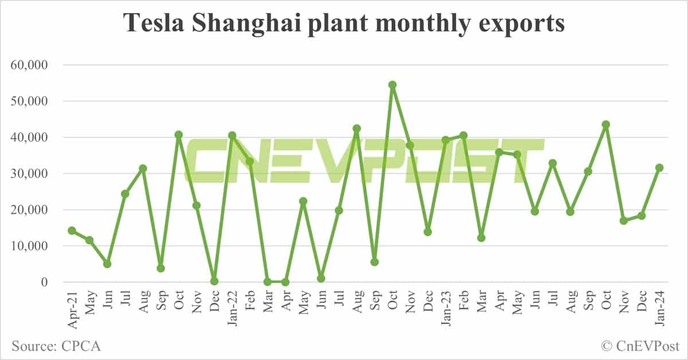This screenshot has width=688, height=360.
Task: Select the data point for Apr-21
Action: pos(72,230)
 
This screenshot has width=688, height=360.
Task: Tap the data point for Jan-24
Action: pos(659,167)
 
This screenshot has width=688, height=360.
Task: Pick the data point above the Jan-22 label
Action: pos(232,135)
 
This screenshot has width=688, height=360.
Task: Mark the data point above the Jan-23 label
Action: pos(445,140)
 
